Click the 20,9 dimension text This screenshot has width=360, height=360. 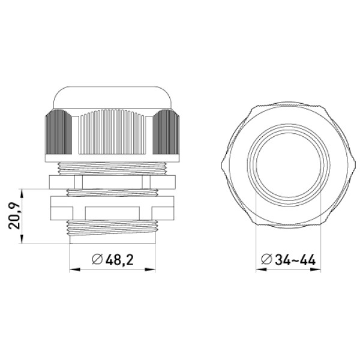pyautogui.click(x=14, y=216)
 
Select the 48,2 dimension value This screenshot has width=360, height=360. pyautogui.click(x=119, y=260)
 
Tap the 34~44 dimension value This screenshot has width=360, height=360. pyautogui.click(x=295, y=260)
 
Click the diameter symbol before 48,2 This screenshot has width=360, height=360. pyautogui.click(x=97, y=260)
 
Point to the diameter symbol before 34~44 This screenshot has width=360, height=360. pyautogui.click(x=266, y=260)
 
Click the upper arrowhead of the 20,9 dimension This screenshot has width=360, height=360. pyautogui.click(x=22, y=194)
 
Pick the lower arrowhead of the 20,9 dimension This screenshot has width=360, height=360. pyautogui.click(x=22, y=239)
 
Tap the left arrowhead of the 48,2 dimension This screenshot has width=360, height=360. pyautogui.click(x=74, y=269)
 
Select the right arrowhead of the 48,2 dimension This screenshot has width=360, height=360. pyautogui.click(x=150, y=269)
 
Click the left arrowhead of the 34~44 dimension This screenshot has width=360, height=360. pyautogui.click(x=261, y=269)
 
